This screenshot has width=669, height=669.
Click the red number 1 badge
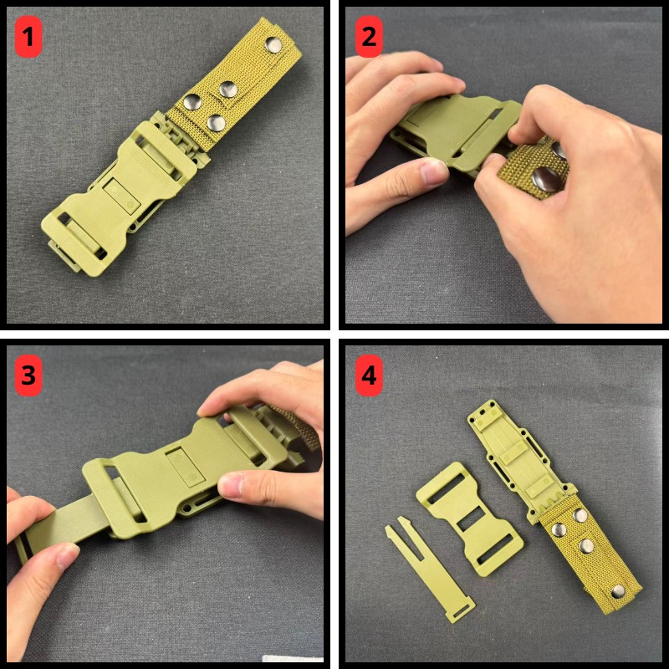28,37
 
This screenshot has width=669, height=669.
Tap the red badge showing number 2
369,37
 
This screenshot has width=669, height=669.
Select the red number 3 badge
28,375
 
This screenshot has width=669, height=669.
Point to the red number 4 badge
369,375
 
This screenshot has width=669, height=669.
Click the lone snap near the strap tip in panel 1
273,45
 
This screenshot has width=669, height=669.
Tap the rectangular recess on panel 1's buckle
122,196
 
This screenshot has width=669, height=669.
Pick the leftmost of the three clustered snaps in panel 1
192,102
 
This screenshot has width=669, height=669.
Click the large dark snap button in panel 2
546,178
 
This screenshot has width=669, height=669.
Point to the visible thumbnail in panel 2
433,171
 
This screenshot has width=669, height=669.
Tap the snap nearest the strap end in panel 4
617,591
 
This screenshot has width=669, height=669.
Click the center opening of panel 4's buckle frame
471,519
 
